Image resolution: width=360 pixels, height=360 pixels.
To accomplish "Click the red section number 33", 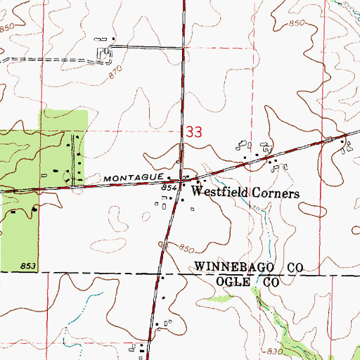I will pyautogui.click(x=195, y=131).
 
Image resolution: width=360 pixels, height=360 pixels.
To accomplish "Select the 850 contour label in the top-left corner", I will pyautogui.click(x=8, y=27).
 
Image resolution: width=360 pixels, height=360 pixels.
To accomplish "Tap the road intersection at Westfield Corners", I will pyautogui.click(x=182, y=181).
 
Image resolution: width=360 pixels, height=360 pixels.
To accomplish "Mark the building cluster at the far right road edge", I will pyautogui.click(x=345, y=145).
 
